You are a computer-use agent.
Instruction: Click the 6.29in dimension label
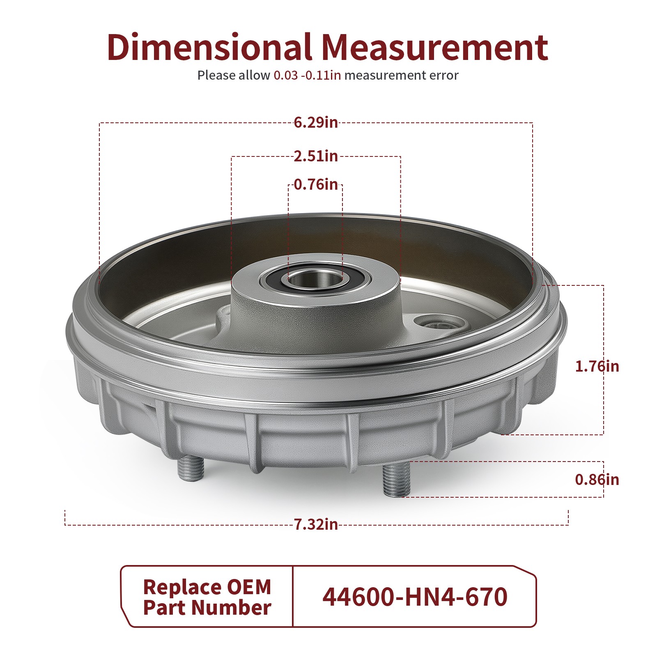coord(315,122)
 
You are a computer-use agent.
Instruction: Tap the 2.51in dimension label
coord(315,156)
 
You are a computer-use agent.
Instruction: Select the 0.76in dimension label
coord(315,184)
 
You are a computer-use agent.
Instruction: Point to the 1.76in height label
coord(596,366)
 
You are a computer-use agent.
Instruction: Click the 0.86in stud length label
coord(596,479)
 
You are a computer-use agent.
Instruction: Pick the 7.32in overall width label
coord(315,524)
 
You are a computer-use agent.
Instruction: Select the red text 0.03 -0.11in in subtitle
coord(307,76)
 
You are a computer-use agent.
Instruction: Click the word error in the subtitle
coord(443,76)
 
